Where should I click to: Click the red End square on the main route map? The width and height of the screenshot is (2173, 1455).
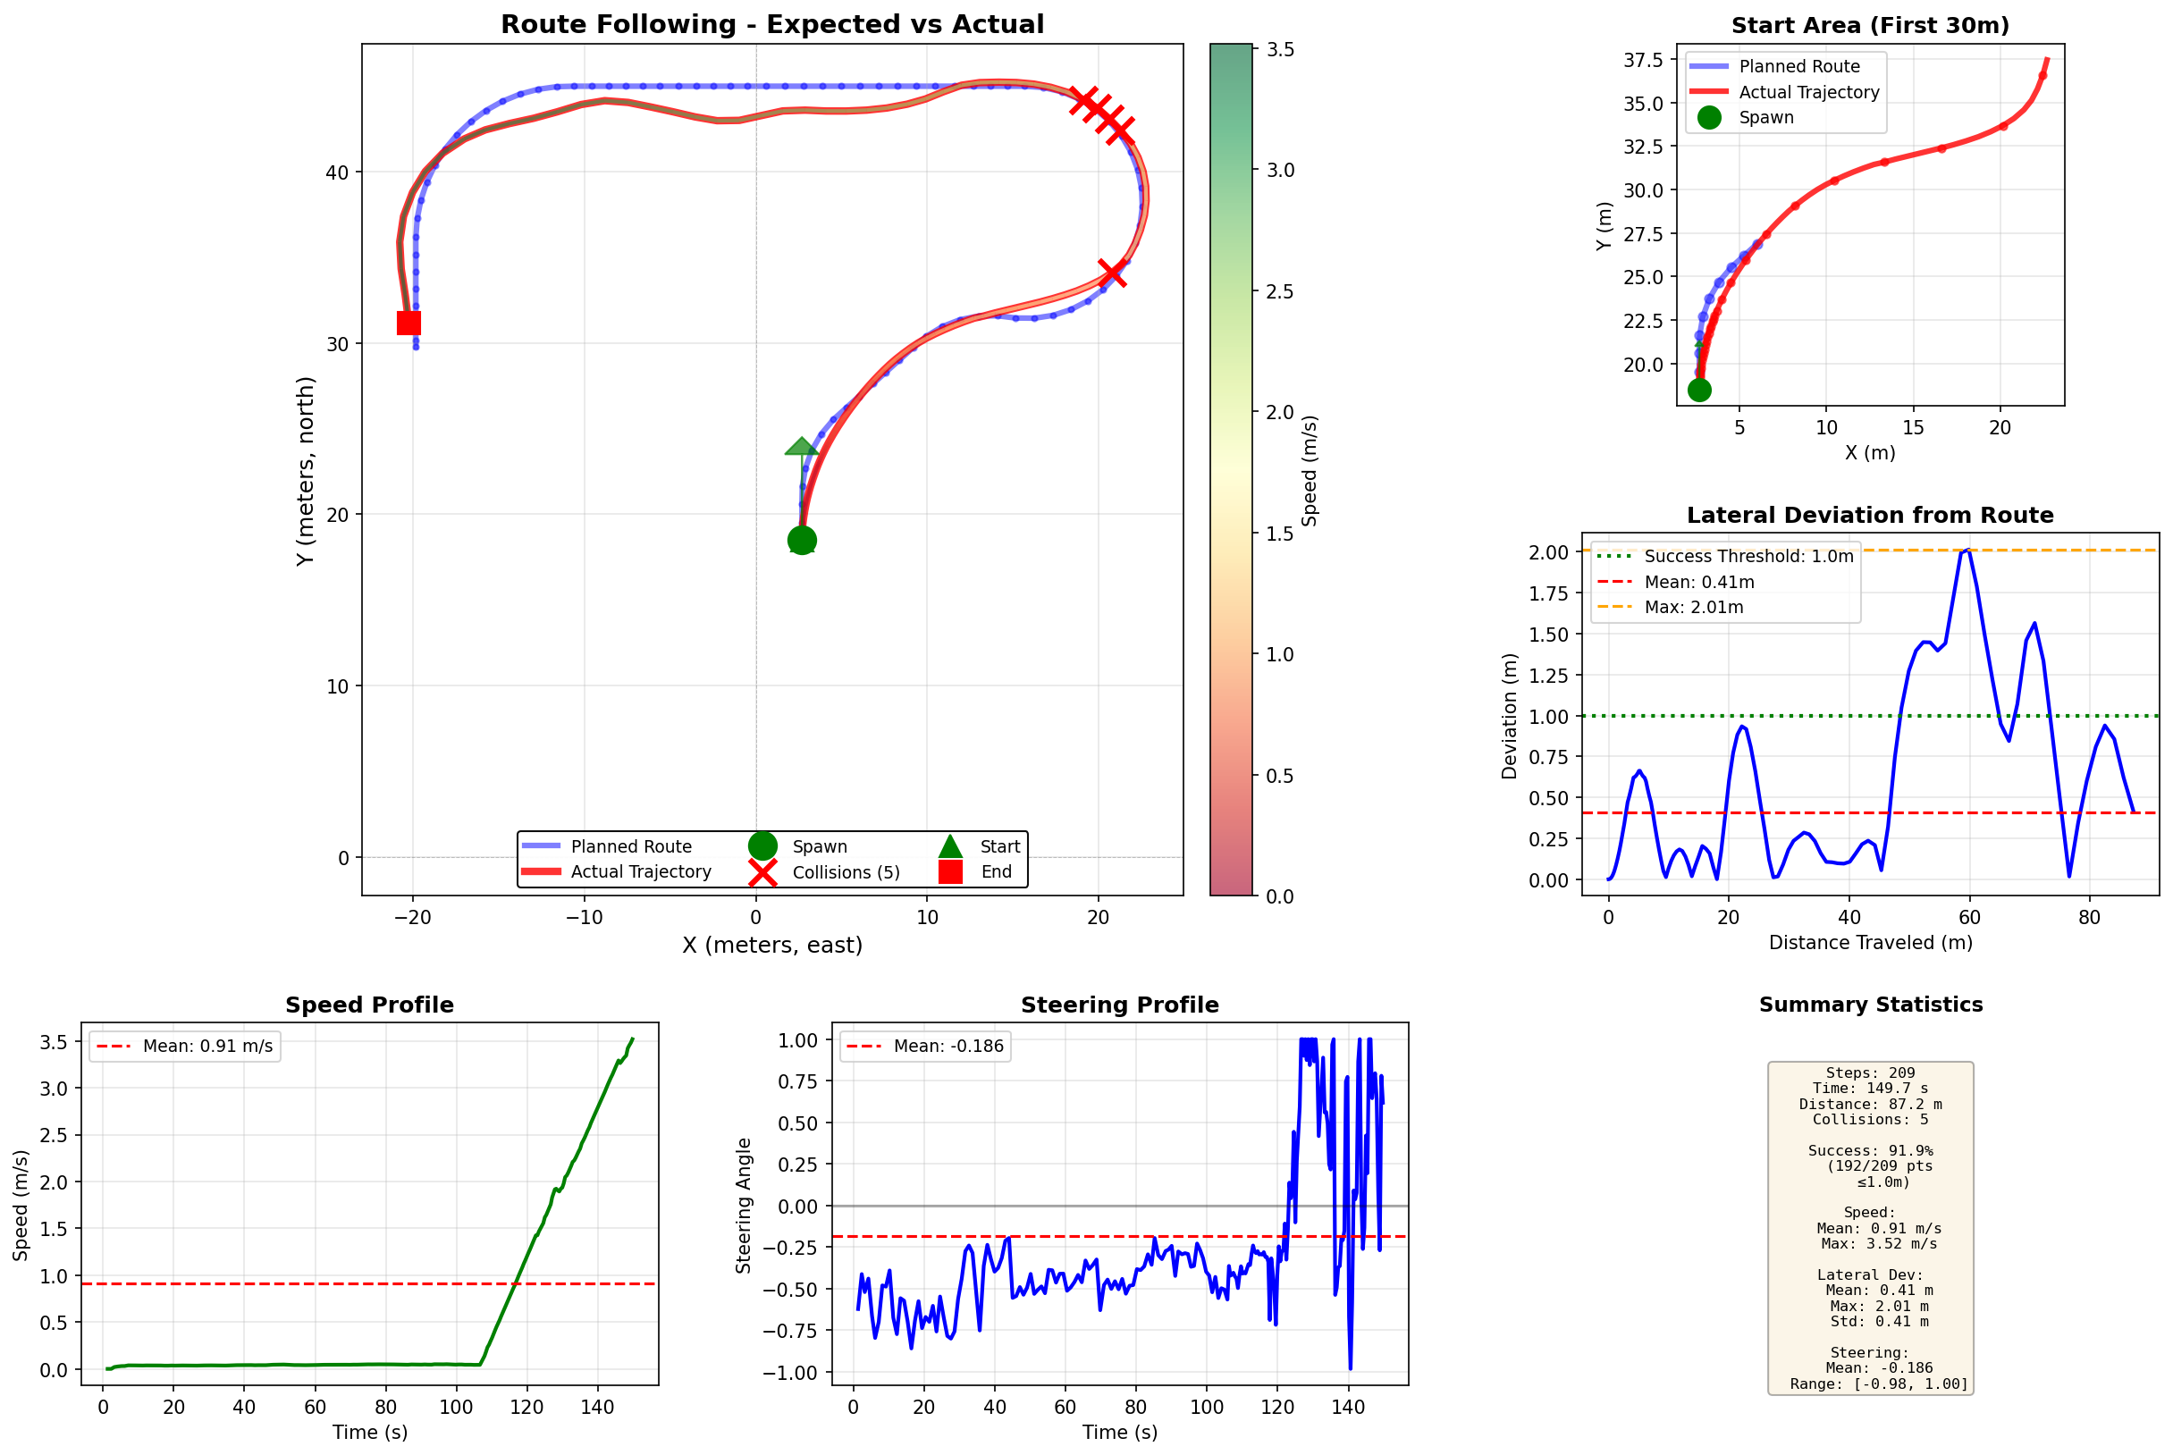(x=408, y=323)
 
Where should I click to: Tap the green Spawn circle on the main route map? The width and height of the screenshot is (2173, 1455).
(x=802, y=540)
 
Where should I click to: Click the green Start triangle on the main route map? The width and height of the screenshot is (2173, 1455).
(x=801, y=446)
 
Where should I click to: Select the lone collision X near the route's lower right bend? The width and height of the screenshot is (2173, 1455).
(x=1112, y=273)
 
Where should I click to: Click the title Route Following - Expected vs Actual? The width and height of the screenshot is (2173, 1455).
(x=772, y=24)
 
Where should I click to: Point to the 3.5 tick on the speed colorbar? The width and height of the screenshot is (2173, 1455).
(x=1280, y=50)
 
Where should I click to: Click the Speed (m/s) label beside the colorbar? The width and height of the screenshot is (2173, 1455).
(x=1310, y=470)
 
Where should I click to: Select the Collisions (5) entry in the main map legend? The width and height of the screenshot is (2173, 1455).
(x=846, y=872)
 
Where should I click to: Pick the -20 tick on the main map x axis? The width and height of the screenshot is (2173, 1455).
(x=413, y=918)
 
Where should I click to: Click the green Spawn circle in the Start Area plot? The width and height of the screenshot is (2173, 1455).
(x=1699, y=390)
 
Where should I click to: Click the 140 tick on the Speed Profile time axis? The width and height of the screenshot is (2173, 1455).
(x=596, y=1407)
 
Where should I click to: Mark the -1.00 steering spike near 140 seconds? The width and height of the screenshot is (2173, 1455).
(x=1350, y=1367)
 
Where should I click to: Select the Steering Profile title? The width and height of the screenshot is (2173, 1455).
(x=1119, y=1005)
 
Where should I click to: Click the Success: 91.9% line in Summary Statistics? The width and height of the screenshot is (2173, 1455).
(x=1870, y=1150)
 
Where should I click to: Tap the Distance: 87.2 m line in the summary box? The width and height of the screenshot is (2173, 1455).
(x=1870, y=1105)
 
